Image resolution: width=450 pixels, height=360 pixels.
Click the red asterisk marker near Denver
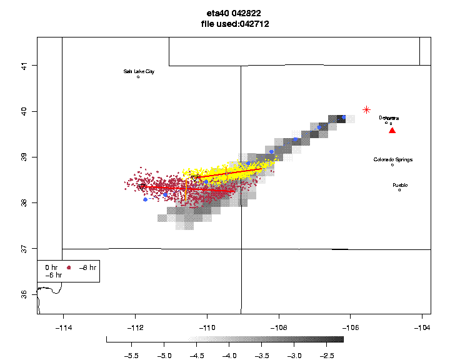367,109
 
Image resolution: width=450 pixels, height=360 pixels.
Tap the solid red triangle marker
392,131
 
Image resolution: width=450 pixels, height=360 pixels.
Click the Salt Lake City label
139,71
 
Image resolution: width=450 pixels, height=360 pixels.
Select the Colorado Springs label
393,159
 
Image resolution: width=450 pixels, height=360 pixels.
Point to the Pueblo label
400,185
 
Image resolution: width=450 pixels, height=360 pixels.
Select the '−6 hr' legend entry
53,275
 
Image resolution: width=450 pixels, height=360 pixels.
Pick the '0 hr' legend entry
51,267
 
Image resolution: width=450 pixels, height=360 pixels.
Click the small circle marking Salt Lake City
138,77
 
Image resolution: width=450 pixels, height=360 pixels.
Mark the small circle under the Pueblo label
399,190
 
